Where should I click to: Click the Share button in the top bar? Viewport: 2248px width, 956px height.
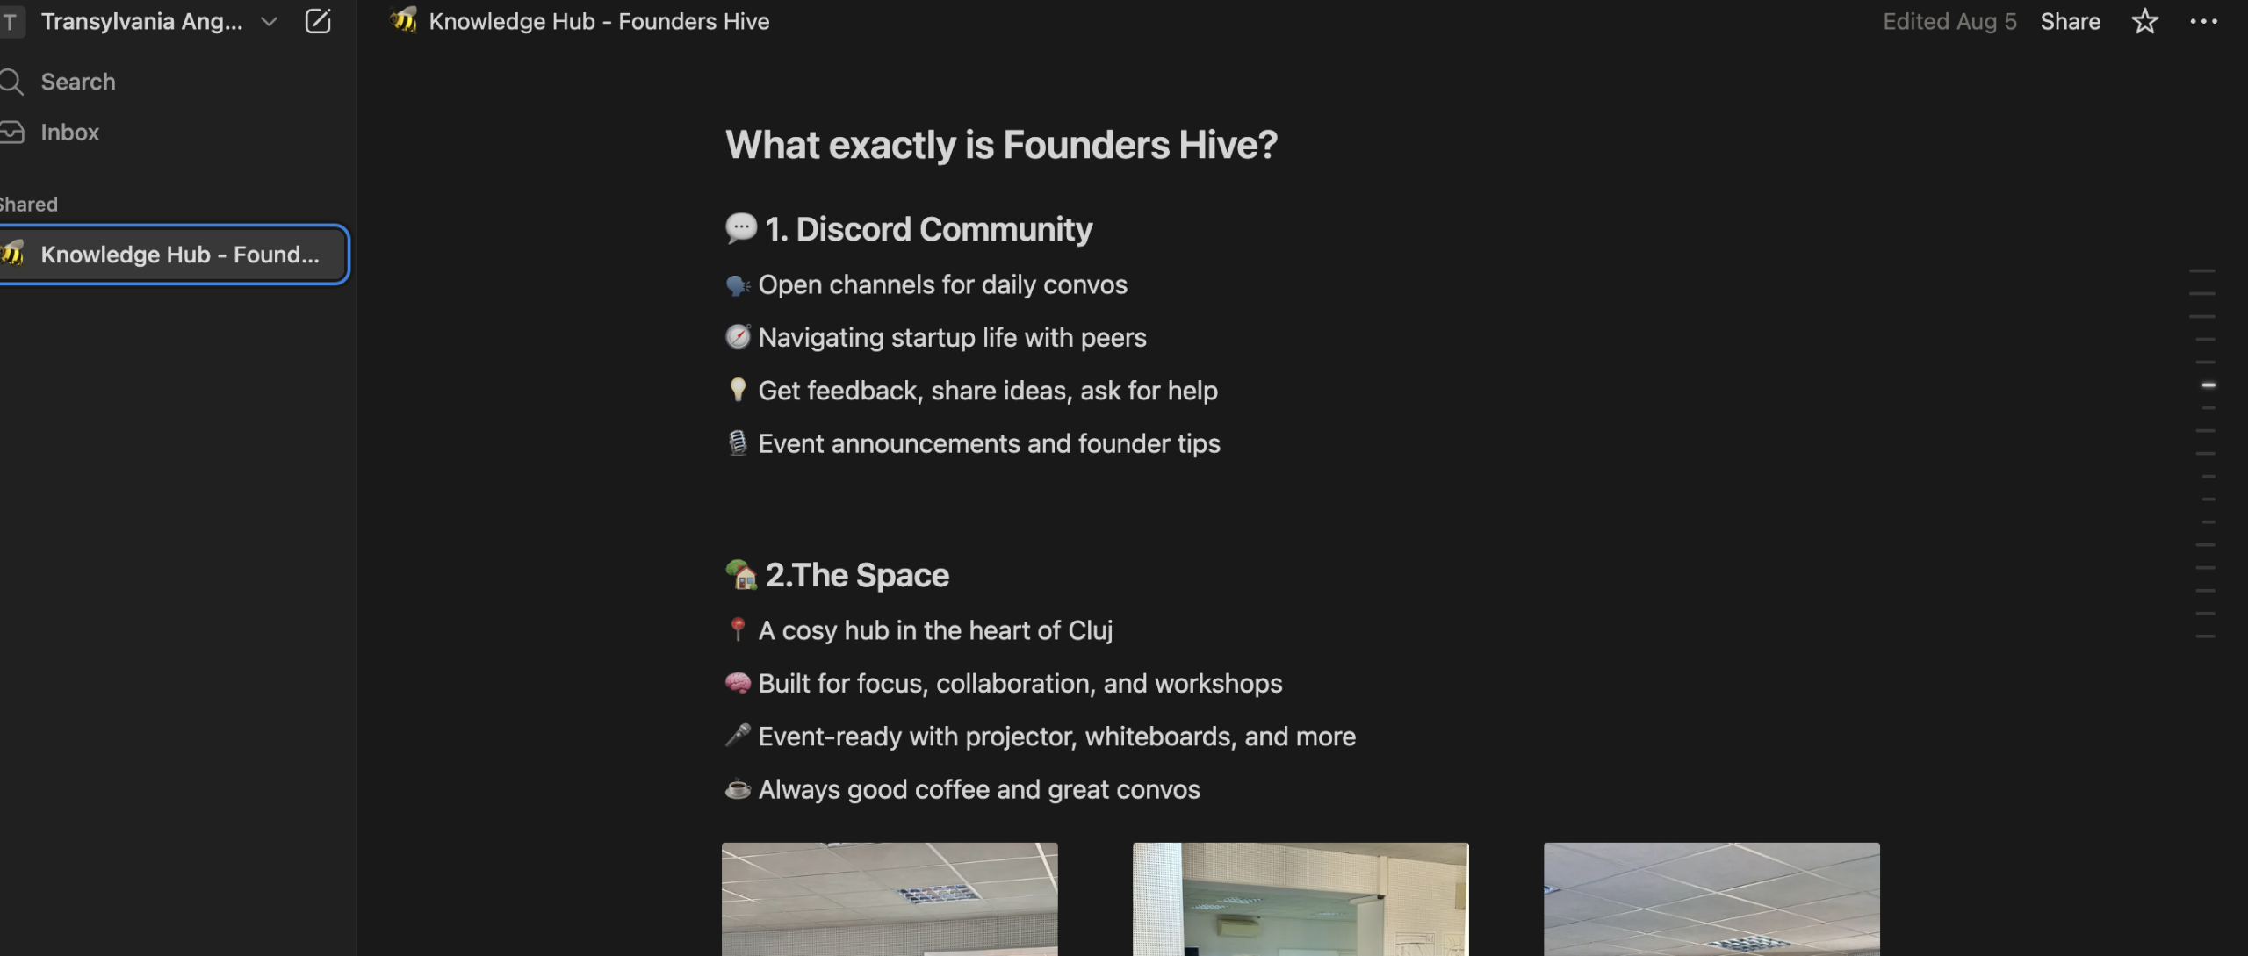coord(2070,22)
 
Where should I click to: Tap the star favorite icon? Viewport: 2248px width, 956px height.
coord(2144,21)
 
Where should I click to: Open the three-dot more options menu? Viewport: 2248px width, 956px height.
coord(2203,22)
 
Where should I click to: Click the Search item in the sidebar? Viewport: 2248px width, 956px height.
coord(78,82)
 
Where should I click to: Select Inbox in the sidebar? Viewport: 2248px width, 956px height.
coord(69,133)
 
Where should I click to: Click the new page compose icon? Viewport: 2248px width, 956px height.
coord(318,21)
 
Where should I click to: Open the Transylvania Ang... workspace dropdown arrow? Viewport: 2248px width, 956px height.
coord(269,22)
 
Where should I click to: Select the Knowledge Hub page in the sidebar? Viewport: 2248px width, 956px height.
coord(173,255)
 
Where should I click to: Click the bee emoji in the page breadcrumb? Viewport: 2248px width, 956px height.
coord(404,20)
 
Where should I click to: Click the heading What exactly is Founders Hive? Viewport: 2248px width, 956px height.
coord(1001,145)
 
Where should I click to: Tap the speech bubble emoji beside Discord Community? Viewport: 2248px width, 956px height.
coord(740,228)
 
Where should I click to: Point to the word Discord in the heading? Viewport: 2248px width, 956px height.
coord(854,229)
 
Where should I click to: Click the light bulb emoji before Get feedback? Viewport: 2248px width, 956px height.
coord(738,390)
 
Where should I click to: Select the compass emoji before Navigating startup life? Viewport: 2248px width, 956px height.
coord(738,337)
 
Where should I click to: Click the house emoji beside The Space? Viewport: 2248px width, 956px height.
coord(741,574)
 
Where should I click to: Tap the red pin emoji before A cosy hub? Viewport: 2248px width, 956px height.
coord(738,629)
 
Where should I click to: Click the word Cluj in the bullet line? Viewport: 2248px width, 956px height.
coord(1091,630)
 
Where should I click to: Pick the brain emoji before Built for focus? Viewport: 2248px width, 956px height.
coord(738,683)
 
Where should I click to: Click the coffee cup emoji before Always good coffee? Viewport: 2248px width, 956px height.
coord(738,789)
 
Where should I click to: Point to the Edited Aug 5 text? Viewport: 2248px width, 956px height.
coord(1949,22)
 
